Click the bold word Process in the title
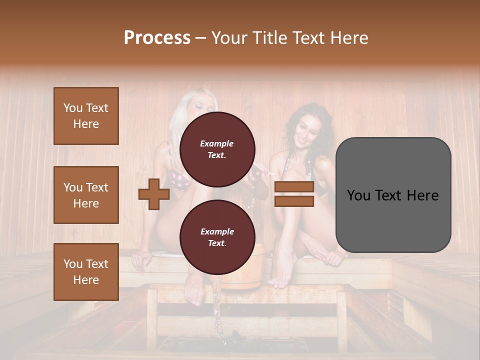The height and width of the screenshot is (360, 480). click(157, 38)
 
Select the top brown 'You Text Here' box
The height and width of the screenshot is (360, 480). click(86, 116)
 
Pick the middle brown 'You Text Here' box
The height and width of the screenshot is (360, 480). click(86, 195)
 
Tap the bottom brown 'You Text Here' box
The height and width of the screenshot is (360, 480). click(86, 271)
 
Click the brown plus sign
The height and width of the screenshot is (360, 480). click(154, 194)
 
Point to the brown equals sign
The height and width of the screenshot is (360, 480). click(294, 194)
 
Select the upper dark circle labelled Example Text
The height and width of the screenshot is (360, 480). click(217, 149)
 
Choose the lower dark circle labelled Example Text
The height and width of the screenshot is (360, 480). click(217, 237)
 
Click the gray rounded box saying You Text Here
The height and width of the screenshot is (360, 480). click(393, 195)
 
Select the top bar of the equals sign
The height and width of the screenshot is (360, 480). click(294, 187)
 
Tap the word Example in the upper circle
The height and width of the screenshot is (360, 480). click(216, 143)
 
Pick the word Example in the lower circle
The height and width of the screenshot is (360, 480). click(216, 231)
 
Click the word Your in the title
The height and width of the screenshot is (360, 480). click(229, 38)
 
